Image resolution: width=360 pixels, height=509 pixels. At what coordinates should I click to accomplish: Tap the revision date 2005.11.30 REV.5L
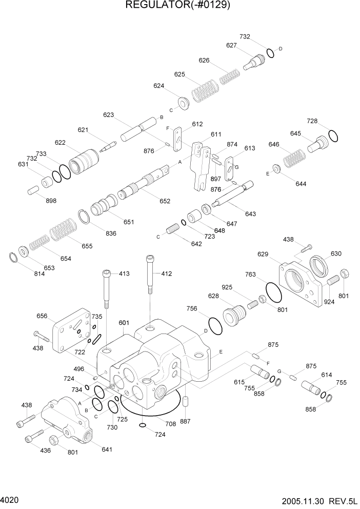coord(318,500)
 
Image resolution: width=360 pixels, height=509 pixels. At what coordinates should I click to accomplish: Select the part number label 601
coord(124,323)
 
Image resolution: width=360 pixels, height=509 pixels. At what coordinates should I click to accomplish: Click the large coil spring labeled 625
coord(205,92)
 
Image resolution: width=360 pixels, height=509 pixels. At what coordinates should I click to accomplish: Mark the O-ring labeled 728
coord(333,136)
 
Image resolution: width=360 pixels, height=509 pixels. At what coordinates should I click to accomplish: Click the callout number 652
coord(165,201)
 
